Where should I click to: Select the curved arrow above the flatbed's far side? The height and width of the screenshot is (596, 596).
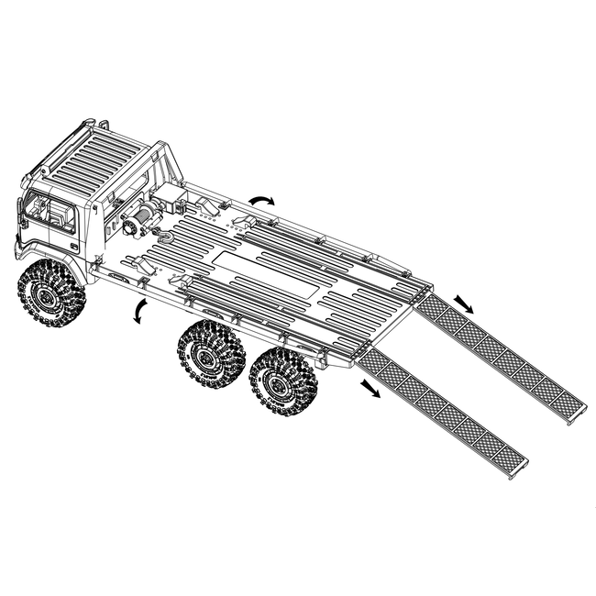point(263,199)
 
